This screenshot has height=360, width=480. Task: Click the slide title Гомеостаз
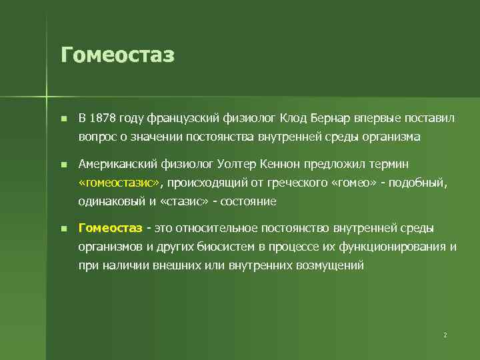coord(117,55)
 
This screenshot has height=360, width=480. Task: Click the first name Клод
coord(293,119)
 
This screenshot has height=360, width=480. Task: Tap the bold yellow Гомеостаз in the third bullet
coord(111,228)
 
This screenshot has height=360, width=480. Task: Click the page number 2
coord(445,335)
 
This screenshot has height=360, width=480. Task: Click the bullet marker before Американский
coord(63,165)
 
